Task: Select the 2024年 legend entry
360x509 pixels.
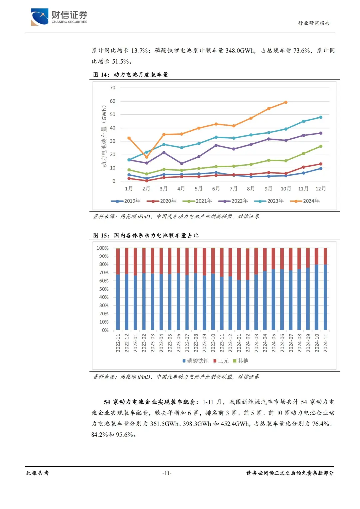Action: point(305,201)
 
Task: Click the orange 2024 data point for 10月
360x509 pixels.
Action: point(286,102)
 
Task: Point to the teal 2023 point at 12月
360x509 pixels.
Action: point(321,117)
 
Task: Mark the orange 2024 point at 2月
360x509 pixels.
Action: point(146,157)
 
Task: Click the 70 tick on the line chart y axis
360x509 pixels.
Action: point(113,88)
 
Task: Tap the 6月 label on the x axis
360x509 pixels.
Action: point(216,189)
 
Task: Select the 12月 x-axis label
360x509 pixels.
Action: point(321,189)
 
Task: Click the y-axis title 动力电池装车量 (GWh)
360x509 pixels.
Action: point(104,136)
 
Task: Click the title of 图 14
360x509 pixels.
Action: point(131,75)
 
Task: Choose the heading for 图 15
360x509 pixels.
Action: point(146,235)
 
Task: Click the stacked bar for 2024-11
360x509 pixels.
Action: point(325,289)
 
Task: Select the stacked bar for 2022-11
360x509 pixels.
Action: point(118,289)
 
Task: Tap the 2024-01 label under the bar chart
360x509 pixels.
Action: point(239,343)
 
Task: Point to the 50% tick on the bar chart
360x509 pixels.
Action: point(104,289)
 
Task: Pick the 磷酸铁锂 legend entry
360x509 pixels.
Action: point(196,361)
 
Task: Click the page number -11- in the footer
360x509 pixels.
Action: point(167,473)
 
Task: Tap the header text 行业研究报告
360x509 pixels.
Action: point(314,23)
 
